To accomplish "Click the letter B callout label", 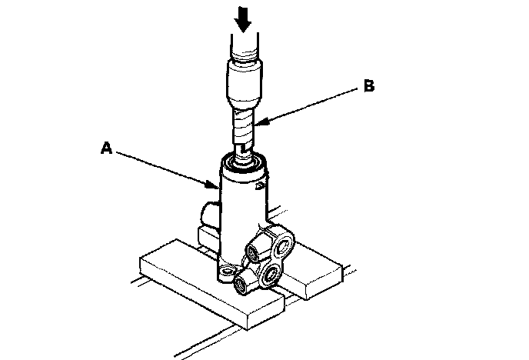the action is [369, 88].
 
